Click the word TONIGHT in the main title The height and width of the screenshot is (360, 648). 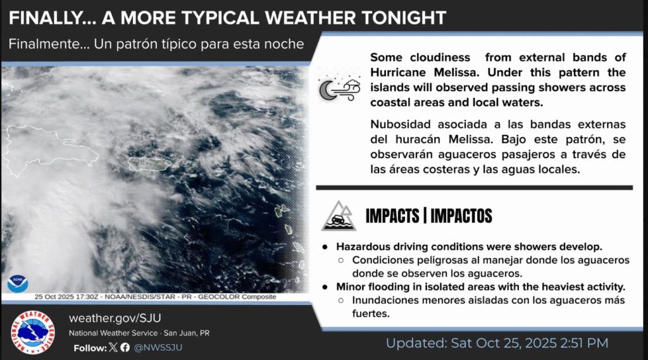click(404, 18)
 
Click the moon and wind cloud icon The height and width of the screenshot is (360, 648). click(339, 88)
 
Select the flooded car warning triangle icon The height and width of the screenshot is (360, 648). click(339, 216)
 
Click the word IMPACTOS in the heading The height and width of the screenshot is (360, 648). click(461, 216)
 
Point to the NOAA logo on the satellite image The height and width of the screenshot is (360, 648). click(18, 283)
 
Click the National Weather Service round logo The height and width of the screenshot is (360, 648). click(33, 332)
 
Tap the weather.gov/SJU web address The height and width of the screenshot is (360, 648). click(115, 318)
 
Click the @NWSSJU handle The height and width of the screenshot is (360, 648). click(158, 347)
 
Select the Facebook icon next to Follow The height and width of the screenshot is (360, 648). click(125, 347)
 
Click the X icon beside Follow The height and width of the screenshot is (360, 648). click(113, 347)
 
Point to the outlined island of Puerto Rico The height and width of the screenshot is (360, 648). click(149, 164)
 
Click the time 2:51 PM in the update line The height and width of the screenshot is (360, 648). click(584, 343)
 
